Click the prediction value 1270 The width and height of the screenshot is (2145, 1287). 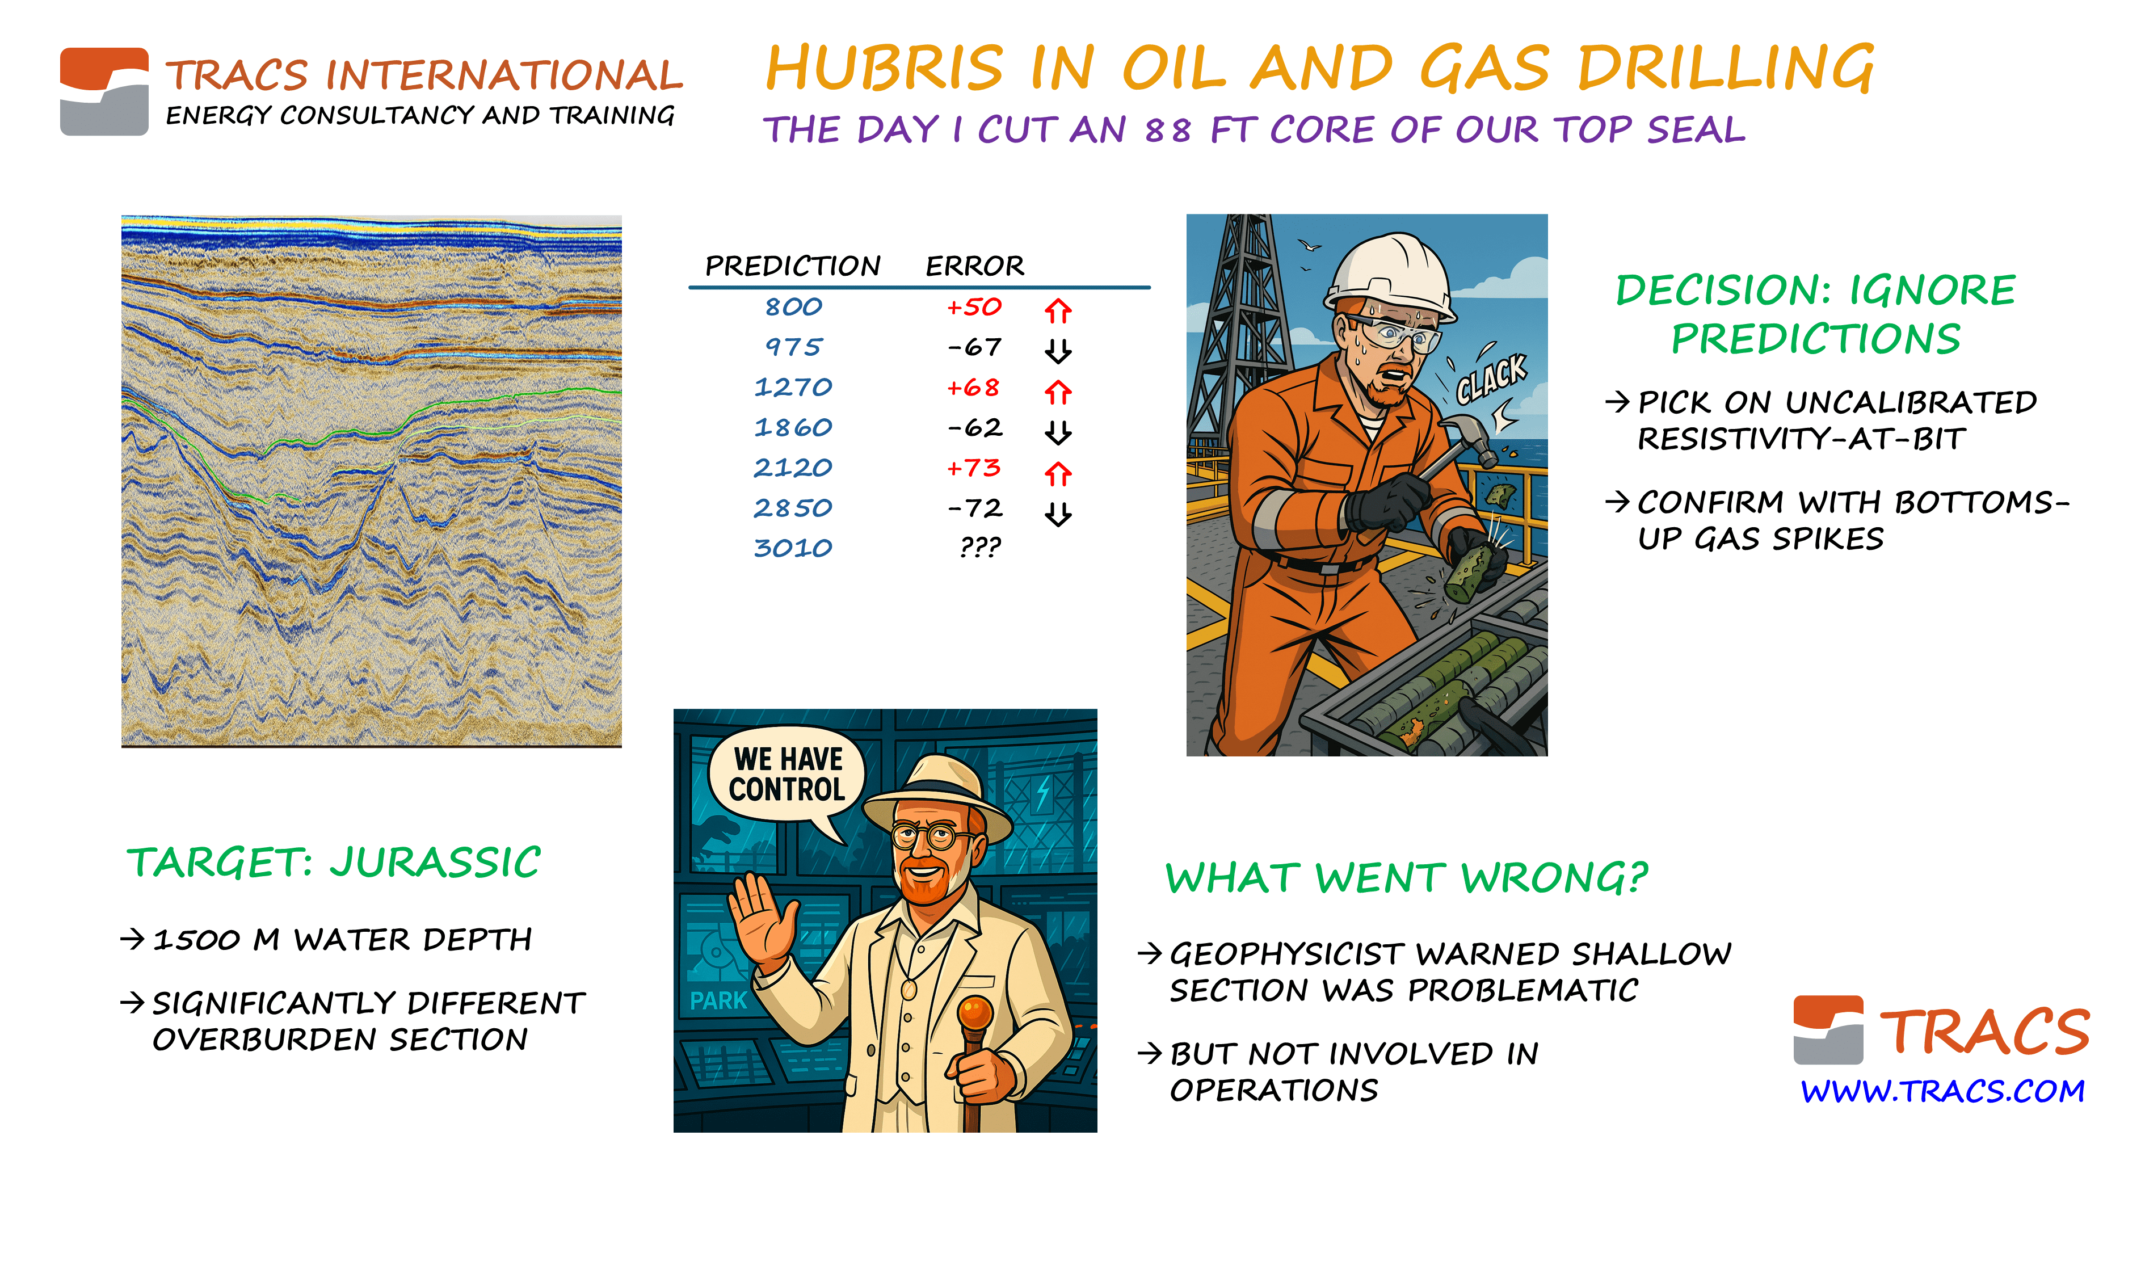[x=792, y=387]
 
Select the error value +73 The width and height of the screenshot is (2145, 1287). [x=973, y=468]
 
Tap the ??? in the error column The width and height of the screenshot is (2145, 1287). [x=980, y=547]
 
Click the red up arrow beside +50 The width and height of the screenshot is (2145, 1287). [x=1058, y=310]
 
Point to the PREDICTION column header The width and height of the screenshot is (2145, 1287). [x=792, y=266]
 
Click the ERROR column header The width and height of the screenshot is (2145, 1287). [x=974, y=266]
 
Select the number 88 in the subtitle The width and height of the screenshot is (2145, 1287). [x=1168, y=130]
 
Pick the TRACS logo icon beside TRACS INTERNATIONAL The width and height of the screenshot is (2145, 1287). [x=104, y=91]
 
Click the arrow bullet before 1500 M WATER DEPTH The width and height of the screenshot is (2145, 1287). [x=132, y=939]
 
